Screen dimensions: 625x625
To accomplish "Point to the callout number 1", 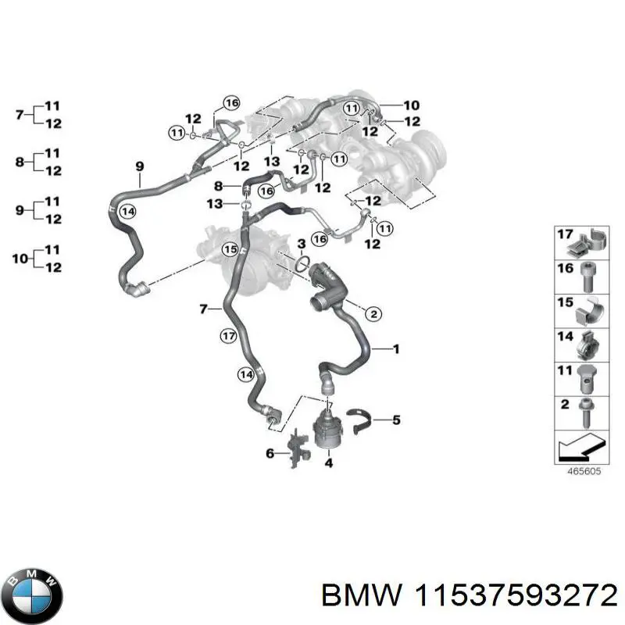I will [395, 349].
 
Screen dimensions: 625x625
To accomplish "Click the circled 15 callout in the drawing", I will [229, 250].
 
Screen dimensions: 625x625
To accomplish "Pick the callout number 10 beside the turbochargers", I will [411, 105].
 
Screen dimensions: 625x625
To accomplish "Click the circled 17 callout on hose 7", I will [227, 337].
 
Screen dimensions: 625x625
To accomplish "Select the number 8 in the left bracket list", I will [20, 162].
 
